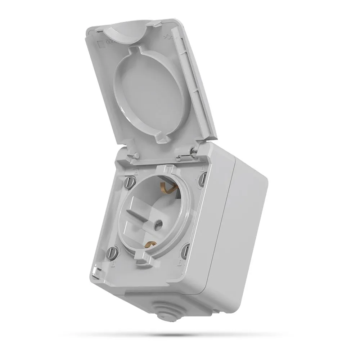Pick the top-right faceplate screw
click(203, 178)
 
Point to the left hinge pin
click(135, 156)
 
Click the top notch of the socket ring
click(169, 168)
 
